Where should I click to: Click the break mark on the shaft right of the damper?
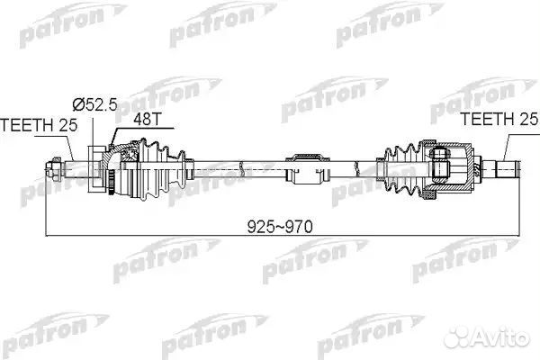[x=358, y=166]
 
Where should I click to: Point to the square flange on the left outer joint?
[x=96, y=166]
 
